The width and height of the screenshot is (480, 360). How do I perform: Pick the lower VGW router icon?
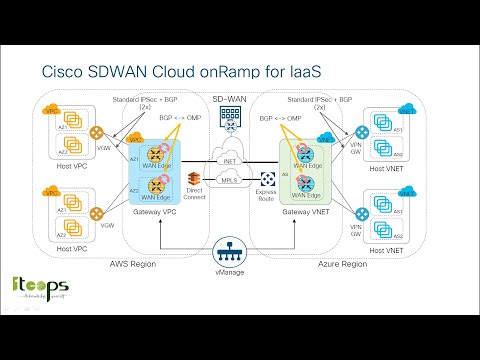(x=99, y=213)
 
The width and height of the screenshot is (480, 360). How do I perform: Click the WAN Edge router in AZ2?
(x=157, y=185)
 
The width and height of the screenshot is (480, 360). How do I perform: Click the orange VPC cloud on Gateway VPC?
(x=134, y=140)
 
